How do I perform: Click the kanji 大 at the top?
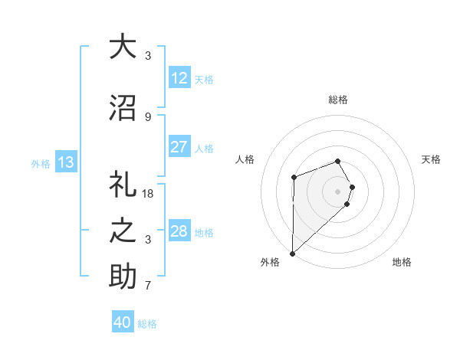click(123, 47)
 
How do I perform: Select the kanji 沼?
click(123, 107)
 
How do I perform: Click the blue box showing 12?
click(179, 78)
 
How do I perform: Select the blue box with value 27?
click(179, 147)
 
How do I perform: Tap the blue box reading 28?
click(179, 231)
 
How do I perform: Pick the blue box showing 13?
click(66, 162)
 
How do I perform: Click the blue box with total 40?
click(123, 322)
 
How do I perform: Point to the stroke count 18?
click(148, 194)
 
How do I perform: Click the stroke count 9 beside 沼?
click(148, 116)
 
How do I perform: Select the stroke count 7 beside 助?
click(148, 286)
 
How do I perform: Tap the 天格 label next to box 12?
click(204, 79)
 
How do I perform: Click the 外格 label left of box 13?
click(41, 163)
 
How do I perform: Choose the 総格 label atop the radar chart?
click(338, 100)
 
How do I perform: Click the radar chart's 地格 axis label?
click(402, 262)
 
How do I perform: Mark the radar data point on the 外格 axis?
click(292, 253)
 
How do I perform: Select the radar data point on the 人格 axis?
click(294, 178)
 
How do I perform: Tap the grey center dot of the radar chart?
click(337, 191)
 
